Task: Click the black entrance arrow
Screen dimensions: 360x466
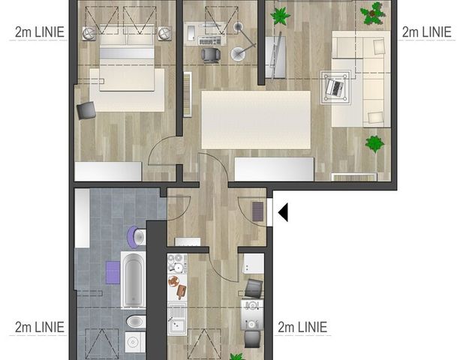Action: coord(283,213)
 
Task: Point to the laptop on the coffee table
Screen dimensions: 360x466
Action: coord(333,87)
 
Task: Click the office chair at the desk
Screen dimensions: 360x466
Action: coord(211,54)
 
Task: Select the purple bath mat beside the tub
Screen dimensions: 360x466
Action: coord(113,270)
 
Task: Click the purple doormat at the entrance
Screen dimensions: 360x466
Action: coord(258,211)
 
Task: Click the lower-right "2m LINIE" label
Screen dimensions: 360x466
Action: coord(302,327)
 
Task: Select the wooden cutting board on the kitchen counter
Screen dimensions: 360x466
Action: coord(177,285)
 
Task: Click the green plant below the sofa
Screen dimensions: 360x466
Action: coord(374,142)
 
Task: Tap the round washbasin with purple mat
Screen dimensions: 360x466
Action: coord(136,237)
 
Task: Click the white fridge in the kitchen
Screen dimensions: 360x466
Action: coord(253,263)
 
